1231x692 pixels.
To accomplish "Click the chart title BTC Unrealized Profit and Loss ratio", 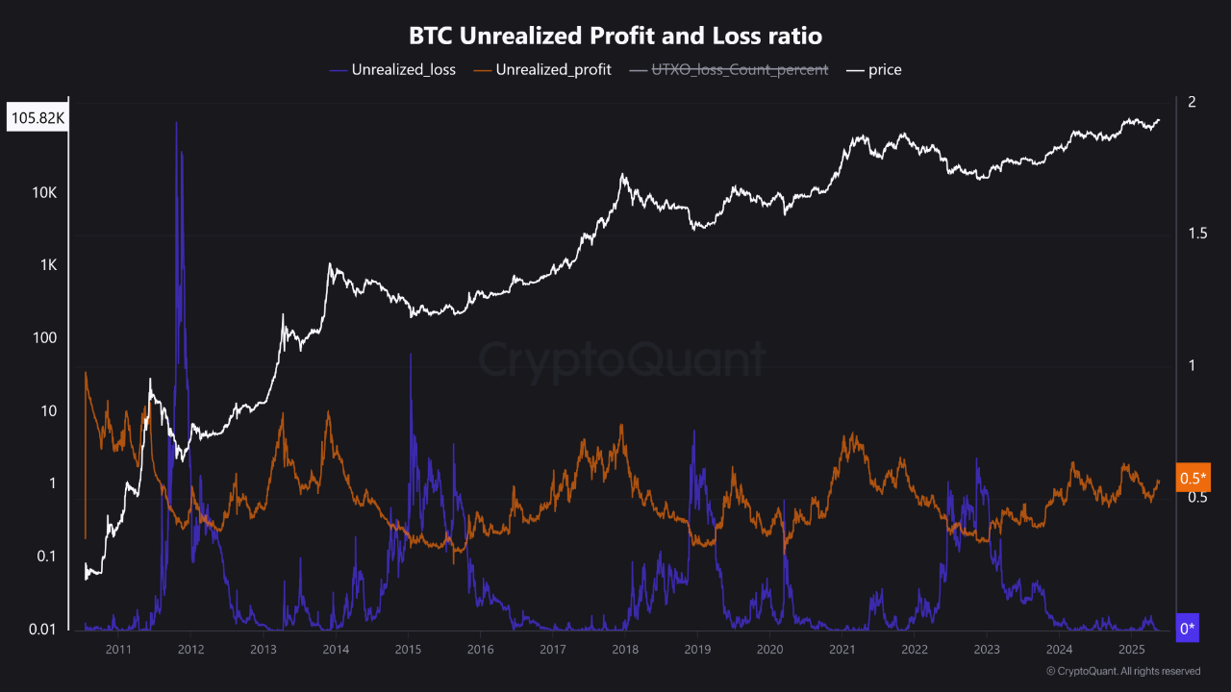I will point(615,37).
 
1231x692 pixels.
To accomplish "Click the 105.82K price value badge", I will point(38,119).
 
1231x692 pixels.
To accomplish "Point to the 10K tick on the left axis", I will point(44,192).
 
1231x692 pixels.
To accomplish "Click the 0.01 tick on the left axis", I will point(42,630).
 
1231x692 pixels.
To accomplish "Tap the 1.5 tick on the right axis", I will point(1197,235).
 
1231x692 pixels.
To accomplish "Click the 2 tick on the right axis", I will point(1192,103).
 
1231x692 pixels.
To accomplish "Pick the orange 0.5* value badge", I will point(1193,478).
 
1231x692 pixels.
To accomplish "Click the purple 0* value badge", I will point(1188,629).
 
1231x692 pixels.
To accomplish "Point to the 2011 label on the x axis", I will point(118,650).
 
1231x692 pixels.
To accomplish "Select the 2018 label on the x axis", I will point(625,650).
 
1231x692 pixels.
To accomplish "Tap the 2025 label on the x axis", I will point(1131,650).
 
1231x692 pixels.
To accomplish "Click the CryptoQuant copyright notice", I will point(1122,671).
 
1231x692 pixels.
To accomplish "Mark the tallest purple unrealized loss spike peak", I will point(176,123).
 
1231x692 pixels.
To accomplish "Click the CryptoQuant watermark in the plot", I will point(622,360).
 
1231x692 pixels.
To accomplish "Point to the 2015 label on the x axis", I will point(408,650).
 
